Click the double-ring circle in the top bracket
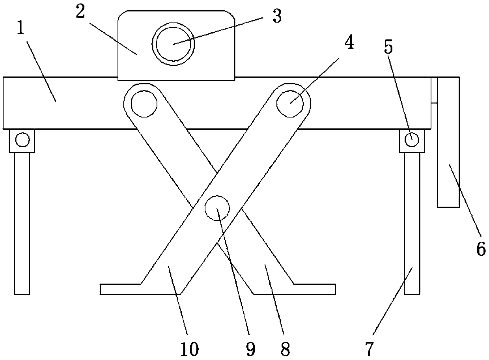(x=174, y=44)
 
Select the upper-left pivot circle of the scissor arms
(x=144, y=104)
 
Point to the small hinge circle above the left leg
(x=22, y=140)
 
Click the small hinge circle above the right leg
(x=412, y=140)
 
